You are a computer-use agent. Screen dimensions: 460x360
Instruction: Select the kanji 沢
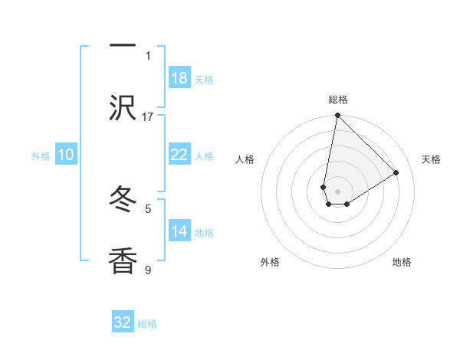pos(123,109)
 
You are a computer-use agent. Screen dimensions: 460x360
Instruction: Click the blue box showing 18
pos(179,78)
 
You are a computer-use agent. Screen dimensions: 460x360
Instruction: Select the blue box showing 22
pos(179,155)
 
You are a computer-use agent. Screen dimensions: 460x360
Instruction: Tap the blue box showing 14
pos(179,231)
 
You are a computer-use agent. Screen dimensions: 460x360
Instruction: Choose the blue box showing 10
pos(66,155)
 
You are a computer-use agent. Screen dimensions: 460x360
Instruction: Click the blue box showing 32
pos(123,322)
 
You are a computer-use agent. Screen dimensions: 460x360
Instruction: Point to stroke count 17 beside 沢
pos(148,116)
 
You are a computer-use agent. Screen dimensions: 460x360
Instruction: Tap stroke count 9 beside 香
pos(148,270)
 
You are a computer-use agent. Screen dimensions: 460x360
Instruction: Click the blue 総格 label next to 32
pos(147,324)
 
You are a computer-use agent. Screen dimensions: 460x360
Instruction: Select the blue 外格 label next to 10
pos(41,156)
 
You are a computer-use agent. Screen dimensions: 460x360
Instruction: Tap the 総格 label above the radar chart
pos(338,100)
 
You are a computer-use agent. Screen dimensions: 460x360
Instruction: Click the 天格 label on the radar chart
pos(431,159)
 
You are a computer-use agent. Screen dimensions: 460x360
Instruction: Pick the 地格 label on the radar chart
pos(402,262)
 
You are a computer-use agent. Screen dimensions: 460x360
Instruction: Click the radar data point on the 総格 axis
pos(337,116)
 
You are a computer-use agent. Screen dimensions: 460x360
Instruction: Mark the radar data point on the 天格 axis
pos(396,173)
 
